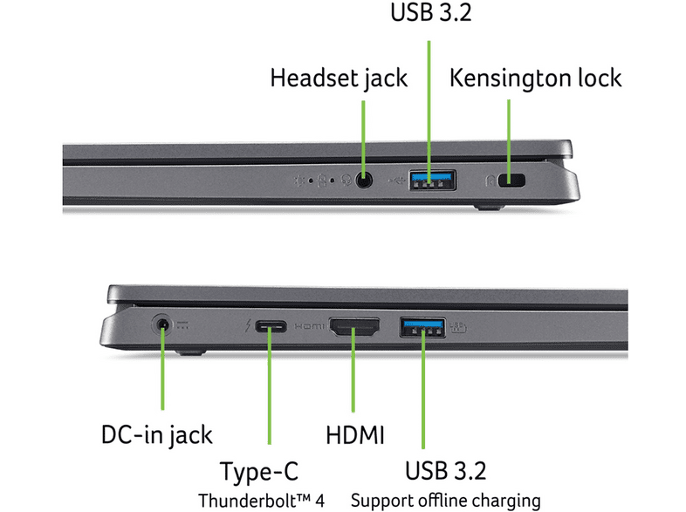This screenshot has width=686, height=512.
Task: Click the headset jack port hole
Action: pos(364,180)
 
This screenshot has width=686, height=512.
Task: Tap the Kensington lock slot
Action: pos(511,181)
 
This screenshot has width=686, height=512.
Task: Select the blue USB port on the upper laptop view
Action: pos(433,180)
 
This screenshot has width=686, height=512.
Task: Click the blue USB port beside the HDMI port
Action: pos(422,327)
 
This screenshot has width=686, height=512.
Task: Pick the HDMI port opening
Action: pos(354,327)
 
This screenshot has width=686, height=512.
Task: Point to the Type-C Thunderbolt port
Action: pos(271,326)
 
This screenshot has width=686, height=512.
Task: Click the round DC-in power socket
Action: pos(162,325)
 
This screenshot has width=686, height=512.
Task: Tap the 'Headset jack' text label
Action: pos(339,79)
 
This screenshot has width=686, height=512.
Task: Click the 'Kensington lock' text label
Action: pos(536,79)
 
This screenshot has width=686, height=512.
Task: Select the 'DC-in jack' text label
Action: pos(156,435)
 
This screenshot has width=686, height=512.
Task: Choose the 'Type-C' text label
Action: pos(259,472)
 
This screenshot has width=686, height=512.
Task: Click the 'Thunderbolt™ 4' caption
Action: pos(261,501)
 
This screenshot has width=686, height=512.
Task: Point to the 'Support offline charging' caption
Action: pos(446,501)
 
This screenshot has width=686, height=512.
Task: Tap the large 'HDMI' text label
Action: pos(355,435)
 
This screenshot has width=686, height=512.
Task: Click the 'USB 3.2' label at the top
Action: pos(431,12)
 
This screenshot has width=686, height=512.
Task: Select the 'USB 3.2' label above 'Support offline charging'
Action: pos(445,471)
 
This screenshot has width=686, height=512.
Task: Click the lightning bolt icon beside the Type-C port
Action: pos(248,325)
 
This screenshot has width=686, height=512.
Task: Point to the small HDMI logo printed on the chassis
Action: pos(309,326)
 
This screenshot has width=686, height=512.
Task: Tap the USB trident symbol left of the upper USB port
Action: pos(397,180)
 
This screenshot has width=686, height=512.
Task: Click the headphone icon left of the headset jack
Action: pos(346,181)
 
